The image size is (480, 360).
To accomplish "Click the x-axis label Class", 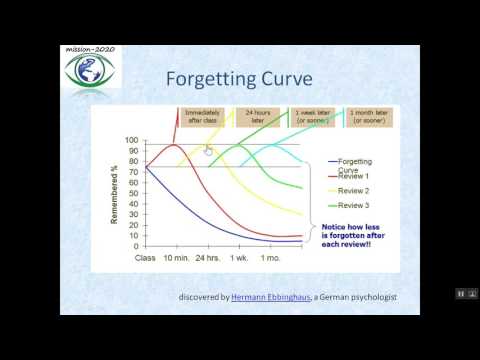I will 146,257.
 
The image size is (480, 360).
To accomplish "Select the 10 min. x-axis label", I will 178,257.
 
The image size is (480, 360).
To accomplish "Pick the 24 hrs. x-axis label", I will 209,257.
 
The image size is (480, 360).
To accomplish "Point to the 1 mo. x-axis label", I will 271,257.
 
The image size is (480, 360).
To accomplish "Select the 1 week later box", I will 311,117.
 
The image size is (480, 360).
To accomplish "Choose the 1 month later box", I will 363,117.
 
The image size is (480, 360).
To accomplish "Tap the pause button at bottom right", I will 461,293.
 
